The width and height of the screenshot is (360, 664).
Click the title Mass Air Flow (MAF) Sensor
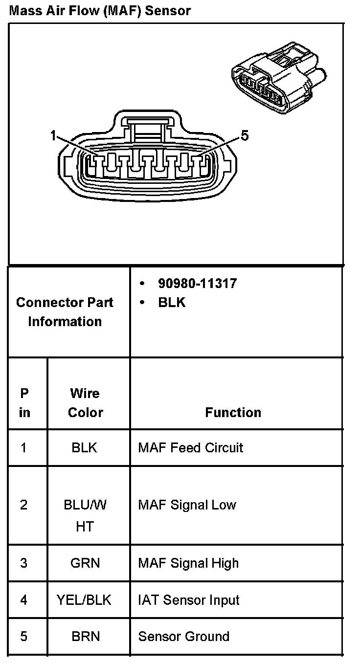[100, 10]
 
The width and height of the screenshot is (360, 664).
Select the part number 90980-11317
[197, 283]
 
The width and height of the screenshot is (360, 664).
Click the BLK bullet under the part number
[172, 302]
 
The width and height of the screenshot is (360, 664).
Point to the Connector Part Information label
[65, 311]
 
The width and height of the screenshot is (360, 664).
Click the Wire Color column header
[85, 402]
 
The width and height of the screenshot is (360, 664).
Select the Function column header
[233, 412]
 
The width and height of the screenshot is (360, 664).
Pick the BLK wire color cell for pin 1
[85, 447]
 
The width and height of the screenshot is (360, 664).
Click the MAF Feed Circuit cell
[190, 447]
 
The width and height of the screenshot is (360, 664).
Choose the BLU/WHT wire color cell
[85, 515]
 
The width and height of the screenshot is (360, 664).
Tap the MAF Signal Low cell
[187, 505]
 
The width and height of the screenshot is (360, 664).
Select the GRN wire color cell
[85, 563]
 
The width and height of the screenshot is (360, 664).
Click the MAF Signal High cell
[188, 563]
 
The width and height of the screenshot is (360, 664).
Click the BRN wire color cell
[86, 636]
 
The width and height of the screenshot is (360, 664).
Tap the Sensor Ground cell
[183, 636]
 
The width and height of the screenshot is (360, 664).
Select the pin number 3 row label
[24, 563]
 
